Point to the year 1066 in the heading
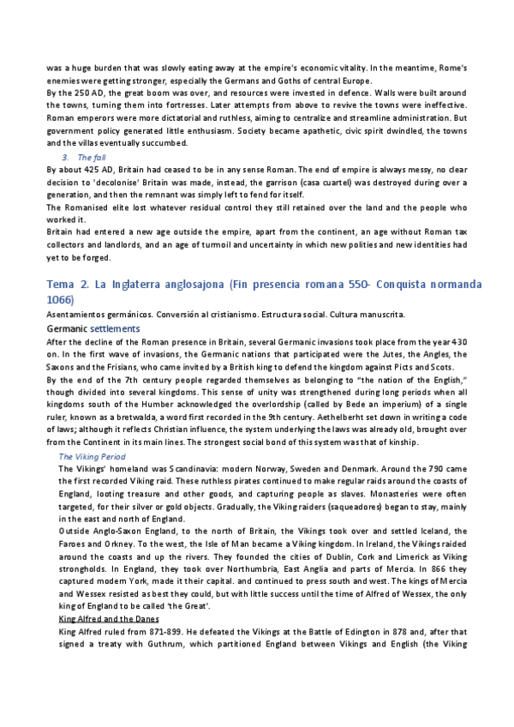click(x=60, y=300)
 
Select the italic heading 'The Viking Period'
click(x=91, y=457)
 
